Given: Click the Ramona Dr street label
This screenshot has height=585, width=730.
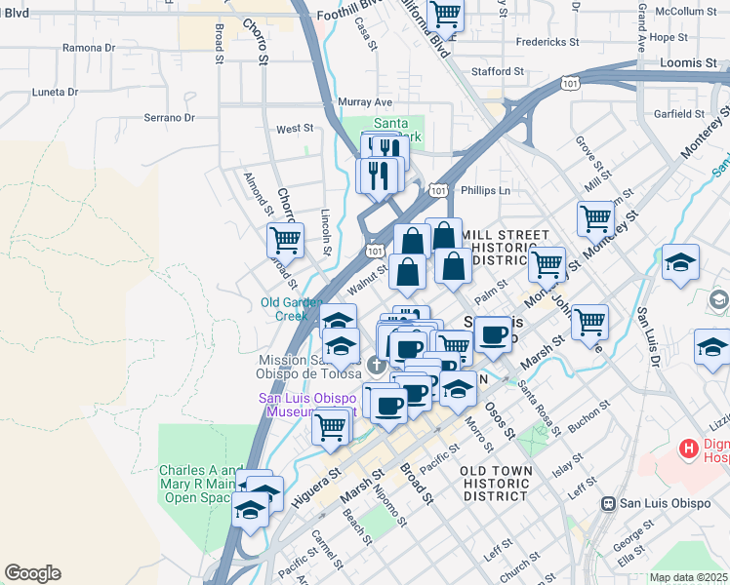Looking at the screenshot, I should click(x=88, y=47).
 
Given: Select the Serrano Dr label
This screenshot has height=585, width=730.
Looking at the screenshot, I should click(x=169, y=118).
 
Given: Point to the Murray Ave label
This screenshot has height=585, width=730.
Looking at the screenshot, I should click(x=364, y=101).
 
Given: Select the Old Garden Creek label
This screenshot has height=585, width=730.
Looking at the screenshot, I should click(x=285, y=308).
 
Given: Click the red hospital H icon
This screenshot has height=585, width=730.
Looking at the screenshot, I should click(x=690, y=449).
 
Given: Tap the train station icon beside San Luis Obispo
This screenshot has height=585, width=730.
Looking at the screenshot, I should click(x=608, y=504).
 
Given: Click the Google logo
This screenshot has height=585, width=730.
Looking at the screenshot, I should click(x=32, y=573).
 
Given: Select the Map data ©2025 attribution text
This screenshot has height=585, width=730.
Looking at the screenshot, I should click(x=688, y=577).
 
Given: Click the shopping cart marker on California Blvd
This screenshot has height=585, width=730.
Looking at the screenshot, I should click(x=445, y=15).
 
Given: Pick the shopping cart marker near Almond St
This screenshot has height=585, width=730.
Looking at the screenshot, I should click(x=285, y=240).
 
